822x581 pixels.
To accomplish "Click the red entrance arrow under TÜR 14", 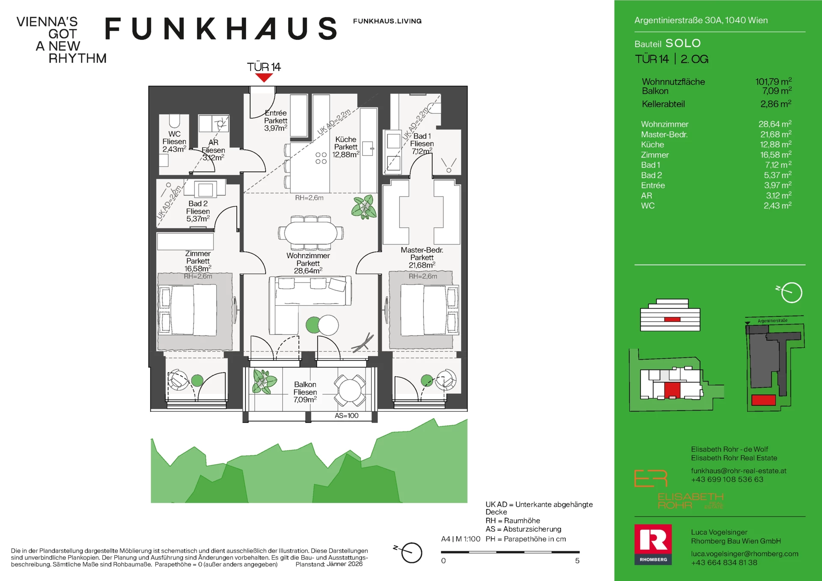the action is tap(264, 77).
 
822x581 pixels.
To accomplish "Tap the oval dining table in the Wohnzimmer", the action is tap(311, 233).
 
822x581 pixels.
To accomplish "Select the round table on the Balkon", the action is tap(350, 390).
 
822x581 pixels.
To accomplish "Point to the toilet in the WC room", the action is tap(174, 121).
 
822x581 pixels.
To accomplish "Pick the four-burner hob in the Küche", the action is tap(321, 158).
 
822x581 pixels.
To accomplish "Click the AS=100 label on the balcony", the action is tap(347, 416).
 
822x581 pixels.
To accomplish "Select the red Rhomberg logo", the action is tap(653, 544).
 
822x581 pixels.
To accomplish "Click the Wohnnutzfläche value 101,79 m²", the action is tap(773, 81).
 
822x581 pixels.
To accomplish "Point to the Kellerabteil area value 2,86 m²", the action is tap(776, 104).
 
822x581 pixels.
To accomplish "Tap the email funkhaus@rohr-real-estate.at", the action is tap(739, 471).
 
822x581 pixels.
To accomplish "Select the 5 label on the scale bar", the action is tap(577, 561).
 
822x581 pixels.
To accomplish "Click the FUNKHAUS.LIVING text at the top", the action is tap(387, 21).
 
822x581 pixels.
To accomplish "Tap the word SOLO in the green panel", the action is tap(683, 43).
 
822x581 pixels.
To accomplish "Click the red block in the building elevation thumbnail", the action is tap(672, 319).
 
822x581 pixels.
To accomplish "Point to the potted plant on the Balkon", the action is tap(264, 381).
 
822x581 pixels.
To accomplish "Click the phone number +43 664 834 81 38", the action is tap(724, 563).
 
